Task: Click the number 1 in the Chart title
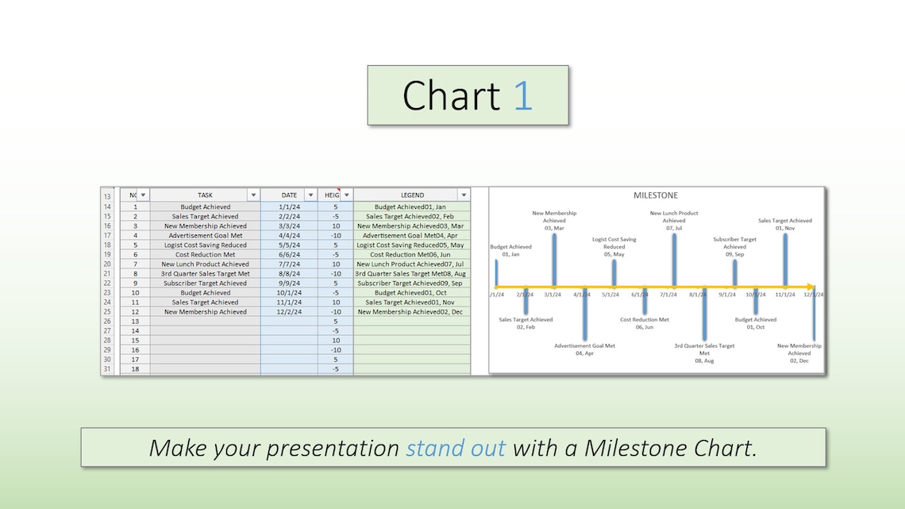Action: [x=522, y=95]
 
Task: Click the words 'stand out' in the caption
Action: [x=455, y=448]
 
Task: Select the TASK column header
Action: [x=205, y=195]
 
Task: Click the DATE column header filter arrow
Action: [x=310, y=195]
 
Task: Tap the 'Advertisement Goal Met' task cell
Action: [x=205, y=235]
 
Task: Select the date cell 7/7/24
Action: [x=289, y=264]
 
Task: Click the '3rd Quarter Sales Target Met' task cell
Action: [x=205, y=274]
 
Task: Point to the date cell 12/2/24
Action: [x=289, y=312]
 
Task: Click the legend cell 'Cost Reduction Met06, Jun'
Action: [x=411, y=255]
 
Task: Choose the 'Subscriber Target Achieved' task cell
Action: [x=205, y=283]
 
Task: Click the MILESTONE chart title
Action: [x=655, y=195]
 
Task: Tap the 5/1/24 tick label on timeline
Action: [x=610, y=295]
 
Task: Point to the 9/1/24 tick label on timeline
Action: [x=727, y=295]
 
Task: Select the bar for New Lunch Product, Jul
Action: [x=674, y=259]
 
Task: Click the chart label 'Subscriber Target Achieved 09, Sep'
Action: [x=734, y=247]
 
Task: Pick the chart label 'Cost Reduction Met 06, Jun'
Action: [x=644, y=323]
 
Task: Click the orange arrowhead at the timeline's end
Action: [x=811, y=287]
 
